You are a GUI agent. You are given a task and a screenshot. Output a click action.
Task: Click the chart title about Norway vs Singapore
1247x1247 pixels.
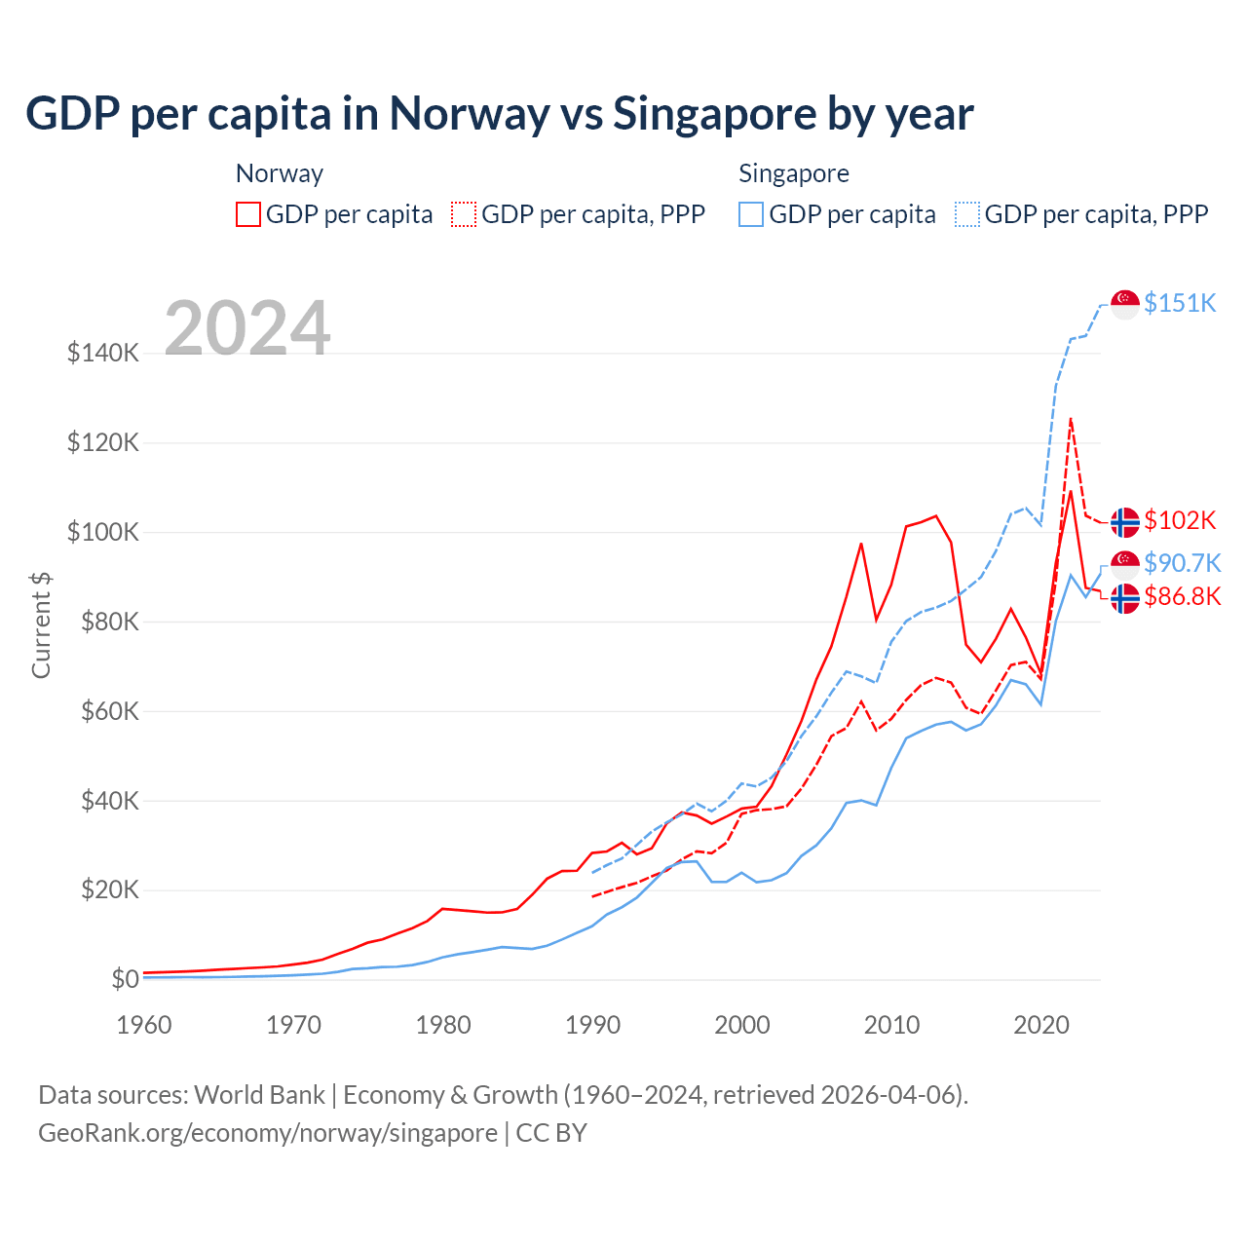click(x=499, y=113)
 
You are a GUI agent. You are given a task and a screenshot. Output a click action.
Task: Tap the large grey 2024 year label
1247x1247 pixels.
click(x=247, y=327)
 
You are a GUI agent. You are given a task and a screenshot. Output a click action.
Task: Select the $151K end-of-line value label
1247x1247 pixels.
click(x=1180, y=303)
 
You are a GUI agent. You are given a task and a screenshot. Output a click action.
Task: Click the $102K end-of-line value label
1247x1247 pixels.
click(x=1180, y=520)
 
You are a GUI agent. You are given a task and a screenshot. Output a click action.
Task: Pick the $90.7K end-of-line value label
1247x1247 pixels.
click(x=1182, y=563)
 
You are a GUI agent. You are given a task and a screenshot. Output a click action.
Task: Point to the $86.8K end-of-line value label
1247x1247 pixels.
click(x=1182, y=596)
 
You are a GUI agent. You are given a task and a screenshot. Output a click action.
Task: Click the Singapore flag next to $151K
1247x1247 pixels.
click(x=1125, y=304)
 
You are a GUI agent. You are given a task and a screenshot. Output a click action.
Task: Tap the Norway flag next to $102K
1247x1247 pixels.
click(x=1125, y=522)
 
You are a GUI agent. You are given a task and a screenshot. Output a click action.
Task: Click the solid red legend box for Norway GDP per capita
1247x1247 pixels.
click(x=248, y=214)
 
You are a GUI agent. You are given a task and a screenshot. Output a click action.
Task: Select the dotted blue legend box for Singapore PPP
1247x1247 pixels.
click(x=967, y=214)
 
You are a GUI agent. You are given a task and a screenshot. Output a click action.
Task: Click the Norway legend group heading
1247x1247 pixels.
click(x=280, y=173)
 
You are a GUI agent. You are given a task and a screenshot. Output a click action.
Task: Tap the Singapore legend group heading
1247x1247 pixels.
click(x=794, y=173)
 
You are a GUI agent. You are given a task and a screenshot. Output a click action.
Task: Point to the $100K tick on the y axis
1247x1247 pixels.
click(x=103, y=532)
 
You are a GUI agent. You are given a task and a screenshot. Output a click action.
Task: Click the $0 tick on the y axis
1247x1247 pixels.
click(x=125, y=979)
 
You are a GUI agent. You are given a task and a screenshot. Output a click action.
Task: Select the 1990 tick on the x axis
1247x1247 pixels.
click(x=592, y=1025)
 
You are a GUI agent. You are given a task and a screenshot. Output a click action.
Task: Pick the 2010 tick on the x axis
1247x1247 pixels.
click(x=891, y=1025)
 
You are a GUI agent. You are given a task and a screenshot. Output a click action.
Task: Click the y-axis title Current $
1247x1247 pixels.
click(x=41, y=624)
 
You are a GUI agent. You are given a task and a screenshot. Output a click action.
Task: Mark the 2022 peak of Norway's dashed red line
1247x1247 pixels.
click(x=1071, y=420)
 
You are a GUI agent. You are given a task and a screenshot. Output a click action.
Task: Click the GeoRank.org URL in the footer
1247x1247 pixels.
click(x=268, y=1133)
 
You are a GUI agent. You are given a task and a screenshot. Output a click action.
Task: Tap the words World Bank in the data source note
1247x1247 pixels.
click(x=259, y=1095)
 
